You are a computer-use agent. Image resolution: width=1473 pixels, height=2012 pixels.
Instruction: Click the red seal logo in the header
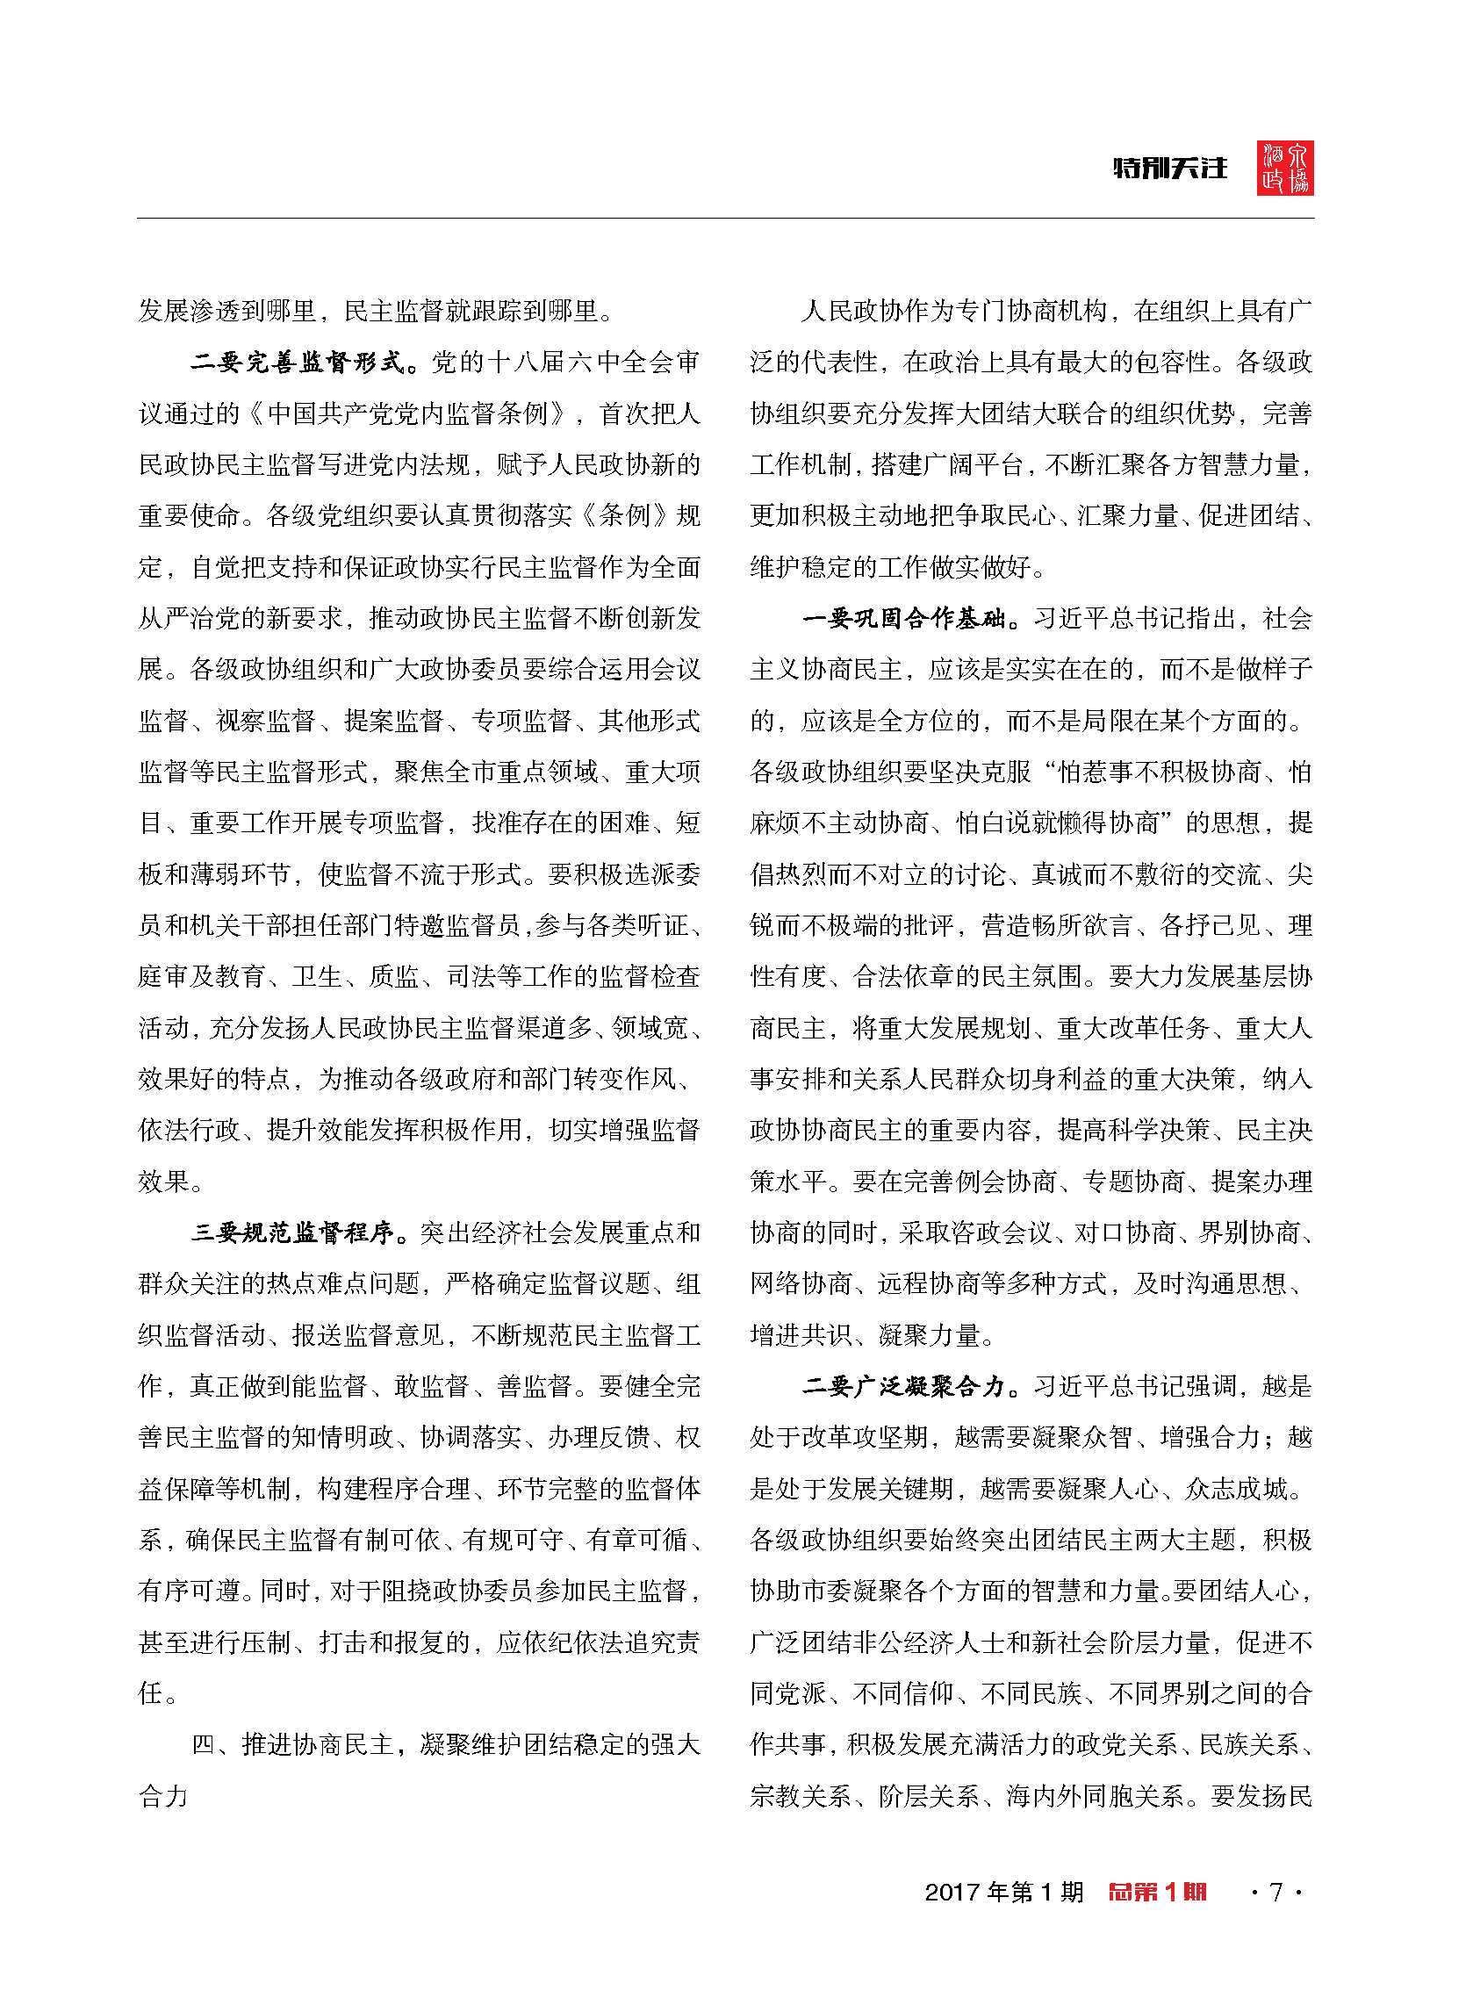1285,169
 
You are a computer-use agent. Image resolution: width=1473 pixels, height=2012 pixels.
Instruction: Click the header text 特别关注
1170,169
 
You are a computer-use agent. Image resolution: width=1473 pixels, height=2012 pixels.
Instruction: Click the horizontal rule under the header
725,219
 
